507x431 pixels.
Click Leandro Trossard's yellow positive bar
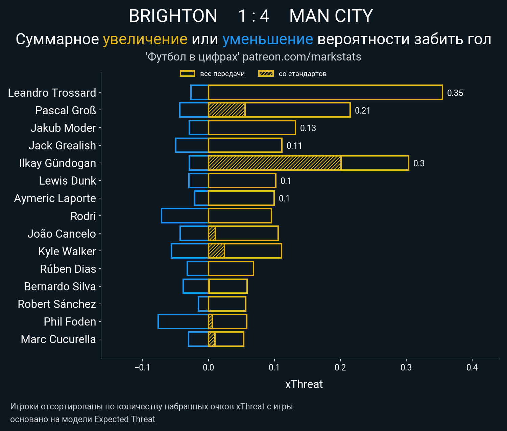(325, 92)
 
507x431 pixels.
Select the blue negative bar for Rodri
(185, 216)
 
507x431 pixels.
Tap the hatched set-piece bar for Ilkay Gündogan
(274, 163)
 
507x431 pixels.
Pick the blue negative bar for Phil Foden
(183, 321)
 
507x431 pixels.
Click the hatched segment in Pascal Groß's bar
(226, 110)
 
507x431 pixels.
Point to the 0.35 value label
(455, 93)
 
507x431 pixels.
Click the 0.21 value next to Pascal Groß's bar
(362, 111)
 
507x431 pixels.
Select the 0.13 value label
(308, 128)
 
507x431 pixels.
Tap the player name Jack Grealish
(62, 145)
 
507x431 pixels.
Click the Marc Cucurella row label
(58, 339)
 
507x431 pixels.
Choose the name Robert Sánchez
(57, 304)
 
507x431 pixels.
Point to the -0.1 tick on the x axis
(142, 367)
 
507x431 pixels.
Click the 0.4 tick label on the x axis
(472, 367)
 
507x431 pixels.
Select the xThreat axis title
(304, 384)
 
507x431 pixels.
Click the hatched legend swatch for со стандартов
(266, 74)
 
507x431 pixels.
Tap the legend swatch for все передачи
(187, 74)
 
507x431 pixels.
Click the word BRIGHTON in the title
(173, 16)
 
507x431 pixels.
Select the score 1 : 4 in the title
(254, 16)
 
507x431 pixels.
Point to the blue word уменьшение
(268, 39)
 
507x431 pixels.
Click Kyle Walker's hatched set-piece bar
(216, 251)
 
